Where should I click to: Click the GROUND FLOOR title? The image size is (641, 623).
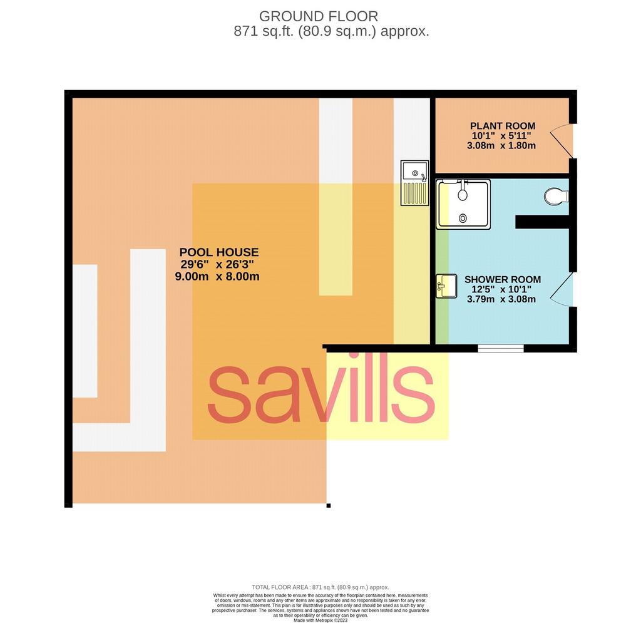click(x=319, y=16)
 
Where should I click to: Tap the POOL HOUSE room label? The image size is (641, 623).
click(x=218, y=252)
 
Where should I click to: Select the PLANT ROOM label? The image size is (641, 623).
click(x=503, y=126)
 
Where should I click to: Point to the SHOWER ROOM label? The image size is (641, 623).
click(x=503, y=280)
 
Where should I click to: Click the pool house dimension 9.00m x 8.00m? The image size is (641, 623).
click(x=217, y=276)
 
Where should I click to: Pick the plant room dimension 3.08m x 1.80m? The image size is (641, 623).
click(x=501, y=145)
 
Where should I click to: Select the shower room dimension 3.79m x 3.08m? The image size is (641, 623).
click(x=501, y=299)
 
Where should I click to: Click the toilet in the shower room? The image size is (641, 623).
click(x=556, y=196)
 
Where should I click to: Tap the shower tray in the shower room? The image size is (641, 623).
click(x=463, y=204)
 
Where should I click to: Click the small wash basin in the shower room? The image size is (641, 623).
click(x=446, y=286)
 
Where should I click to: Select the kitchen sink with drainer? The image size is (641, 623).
click(x=414, y=183)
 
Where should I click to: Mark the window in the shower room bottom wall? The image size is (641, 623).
click(x=501, y=348)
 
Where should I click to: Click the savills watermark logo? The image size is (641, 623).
click(x=321, y=393)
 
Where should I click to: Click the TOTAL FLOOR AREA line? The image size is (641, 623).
click(x=320, y=587)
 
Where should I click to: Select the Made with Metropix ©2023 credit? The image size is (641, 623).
click(x=320, y=620)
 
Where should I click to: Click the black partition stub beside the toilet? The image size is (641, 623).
click(x=543, y=222)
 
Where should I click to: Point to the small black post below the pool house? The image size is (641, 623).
click(x=329, y=506)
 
